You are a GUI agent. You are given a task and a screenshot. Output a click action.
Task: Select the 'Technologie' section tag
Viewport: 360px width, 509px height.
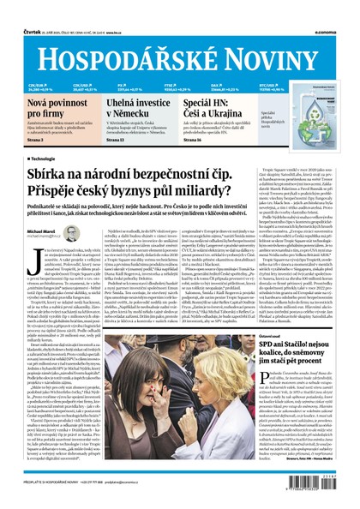point(45,159)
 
